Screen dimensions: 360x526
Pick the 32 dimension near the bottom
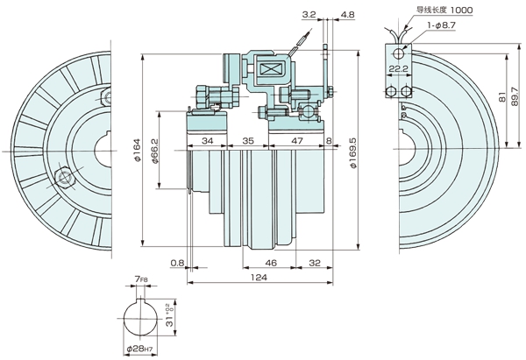point(315,262)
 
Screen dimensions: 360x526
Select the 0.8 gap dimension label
point(177,262)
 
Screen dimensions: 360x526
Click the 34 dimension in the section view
point(207,140)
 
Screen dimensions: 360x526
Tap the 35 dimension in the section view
point(248,140)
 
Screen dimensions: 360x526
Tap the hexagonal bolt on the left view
point(62,179)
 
